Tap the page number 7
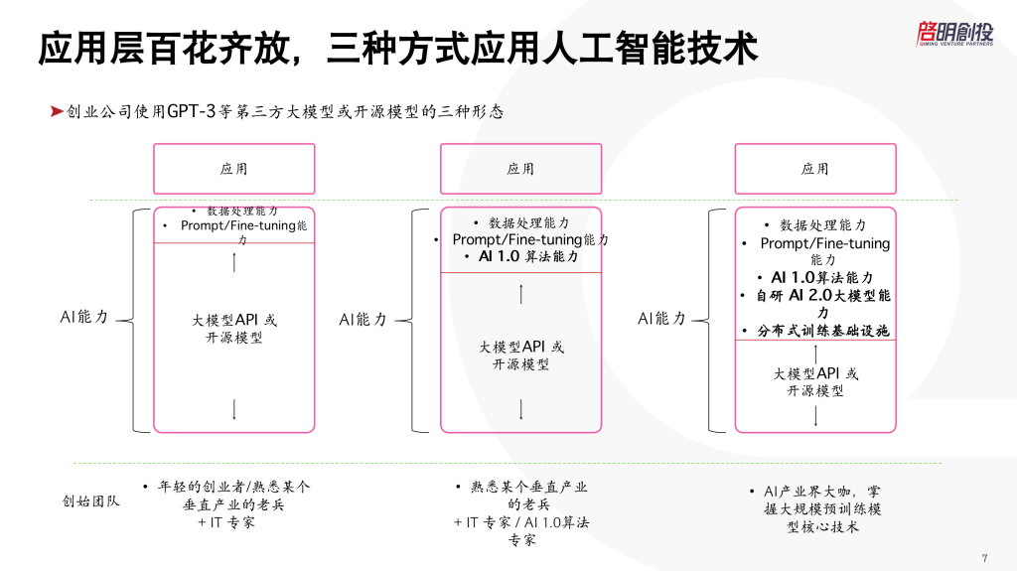click(983, 556)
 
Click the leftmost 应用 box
click(233, 169)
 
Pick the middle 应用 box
click(520, 169)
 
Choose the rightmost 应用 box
click(814, 169)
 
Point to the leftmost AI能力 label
click(83, 318)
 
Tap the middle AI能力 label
click(363, 319)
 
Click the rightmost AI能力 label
click(661, 319)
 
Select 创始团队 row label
click(91, 501)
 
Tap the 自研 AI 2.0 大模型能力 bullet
click(815, 304)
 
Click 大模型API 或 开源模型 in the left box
click(234, 329)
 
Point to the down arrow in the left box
click(234, 409)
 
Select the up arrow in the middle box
click(521, 294)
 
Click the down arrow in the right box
click(815, 415)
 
